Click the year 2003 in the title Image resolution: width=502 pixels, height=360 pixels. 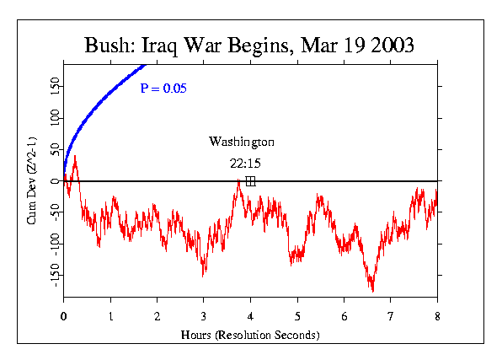(x=387, y=46)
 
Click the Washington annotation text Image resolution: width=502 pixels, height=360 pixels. (x=242, y=142)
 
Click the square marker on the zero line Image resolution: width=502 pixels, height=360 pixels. (x=250, y=181)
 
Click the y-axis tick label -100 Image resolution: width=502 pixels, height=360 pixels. (x=51, y=243)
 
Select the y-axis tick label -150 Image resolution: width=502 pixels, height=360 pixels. (x=51, y=274)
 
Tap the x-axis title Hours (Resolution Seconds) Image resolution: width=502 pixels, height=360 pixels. (x=250, y=334)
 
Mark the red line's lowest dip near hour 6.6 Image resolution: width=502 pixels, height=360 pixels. (x=372, y=291)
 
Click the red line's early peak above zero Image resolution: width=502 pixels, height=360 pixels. (x=75, y=157)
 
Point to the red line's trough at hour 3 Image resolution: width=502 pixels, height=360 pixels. (x=203, y=275)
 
